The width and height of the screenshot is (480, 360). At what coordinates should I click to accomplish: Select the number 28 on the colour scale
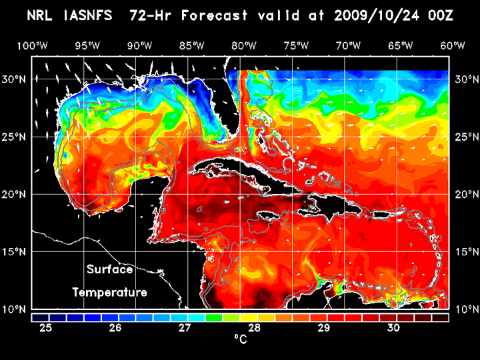[x=254, y=328]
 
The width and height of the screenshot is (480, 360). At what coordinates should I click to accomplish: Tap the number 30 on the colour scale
[x=393, y=328]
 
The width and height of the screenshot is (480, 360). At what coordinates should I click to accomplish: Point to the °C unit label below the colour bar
[x=240, y=339]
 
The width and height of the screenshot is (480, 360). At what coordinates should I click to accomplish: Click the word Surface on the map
[x=109, y=269]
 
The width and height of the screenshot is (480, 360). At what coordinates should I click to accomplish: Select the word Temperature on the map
[x=109, y=292]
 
